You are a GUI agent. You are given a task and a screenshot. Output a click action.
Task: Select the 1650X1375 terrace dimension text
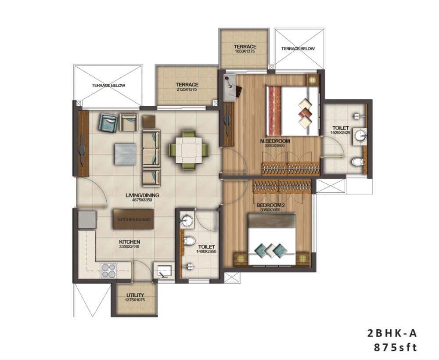(245, 52)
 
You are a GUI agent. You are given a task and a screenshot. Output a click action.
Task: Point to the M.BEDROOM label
(275, 141)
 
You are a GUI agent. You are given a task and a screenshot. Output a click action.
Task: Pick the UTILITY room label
(135, 295)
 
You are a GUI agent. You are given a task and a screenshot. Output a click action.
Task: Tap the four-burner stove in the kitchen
(108, 270)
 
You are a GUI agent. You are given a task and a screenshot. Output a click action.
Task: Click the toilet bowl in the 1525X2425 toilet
(357, 162)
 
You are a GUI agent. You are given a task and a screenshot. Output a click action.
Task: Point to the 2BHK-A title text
(392, 333)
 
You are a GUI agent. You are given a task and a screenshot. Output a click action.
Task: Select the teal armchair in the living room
(108, 122)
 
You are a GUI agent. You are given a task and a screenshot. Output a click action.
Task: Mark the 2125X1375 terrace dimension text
(187, 90)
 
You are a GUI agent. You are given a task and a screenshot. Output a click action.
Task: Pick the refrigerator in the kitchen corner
(87, 219)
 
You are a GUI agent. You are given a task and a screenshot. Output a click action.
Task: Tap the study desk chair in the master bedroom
(237, 91)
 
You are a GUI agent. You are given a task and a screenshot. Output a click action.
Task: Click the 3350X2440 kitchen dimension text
(130, 247)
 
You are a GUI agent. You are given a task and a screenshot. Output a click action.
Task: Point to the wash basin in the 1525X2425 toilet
(360, 136)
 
